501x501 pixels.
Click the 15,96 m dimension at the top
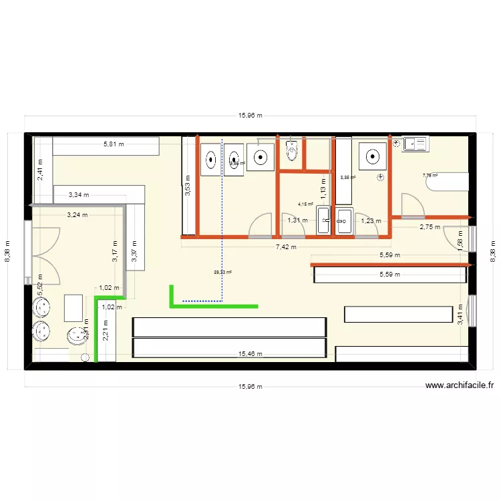(x=251, y=116)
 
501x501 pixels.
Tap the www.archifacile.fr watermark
(x=459, y=385)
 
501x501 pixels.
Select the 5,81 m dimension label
(x=113, y=144)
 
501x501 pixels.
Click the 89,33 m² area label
(x=222, y=272)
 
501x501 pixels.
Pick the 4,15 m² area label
(x=305, y=204)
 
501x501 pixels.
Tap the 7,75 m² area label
(x=430, y=176)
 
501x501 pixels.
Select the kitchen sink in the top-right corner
(x=414, y=144)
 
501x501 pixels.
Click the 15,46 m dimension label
(x=251, y=354)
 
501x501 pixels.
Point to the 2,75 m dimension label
(x=430, y=227)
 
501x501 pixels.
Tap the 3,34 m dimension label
(x=79, y=195)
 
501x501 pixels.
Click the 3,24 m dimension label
(x=77, y=215)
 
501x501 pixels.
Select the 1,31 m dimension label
(x=297, y=220)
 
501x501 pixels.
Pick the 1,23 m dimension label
(x=371, y=220)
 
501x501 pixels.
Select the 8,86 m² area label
(x=347, y=178)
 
